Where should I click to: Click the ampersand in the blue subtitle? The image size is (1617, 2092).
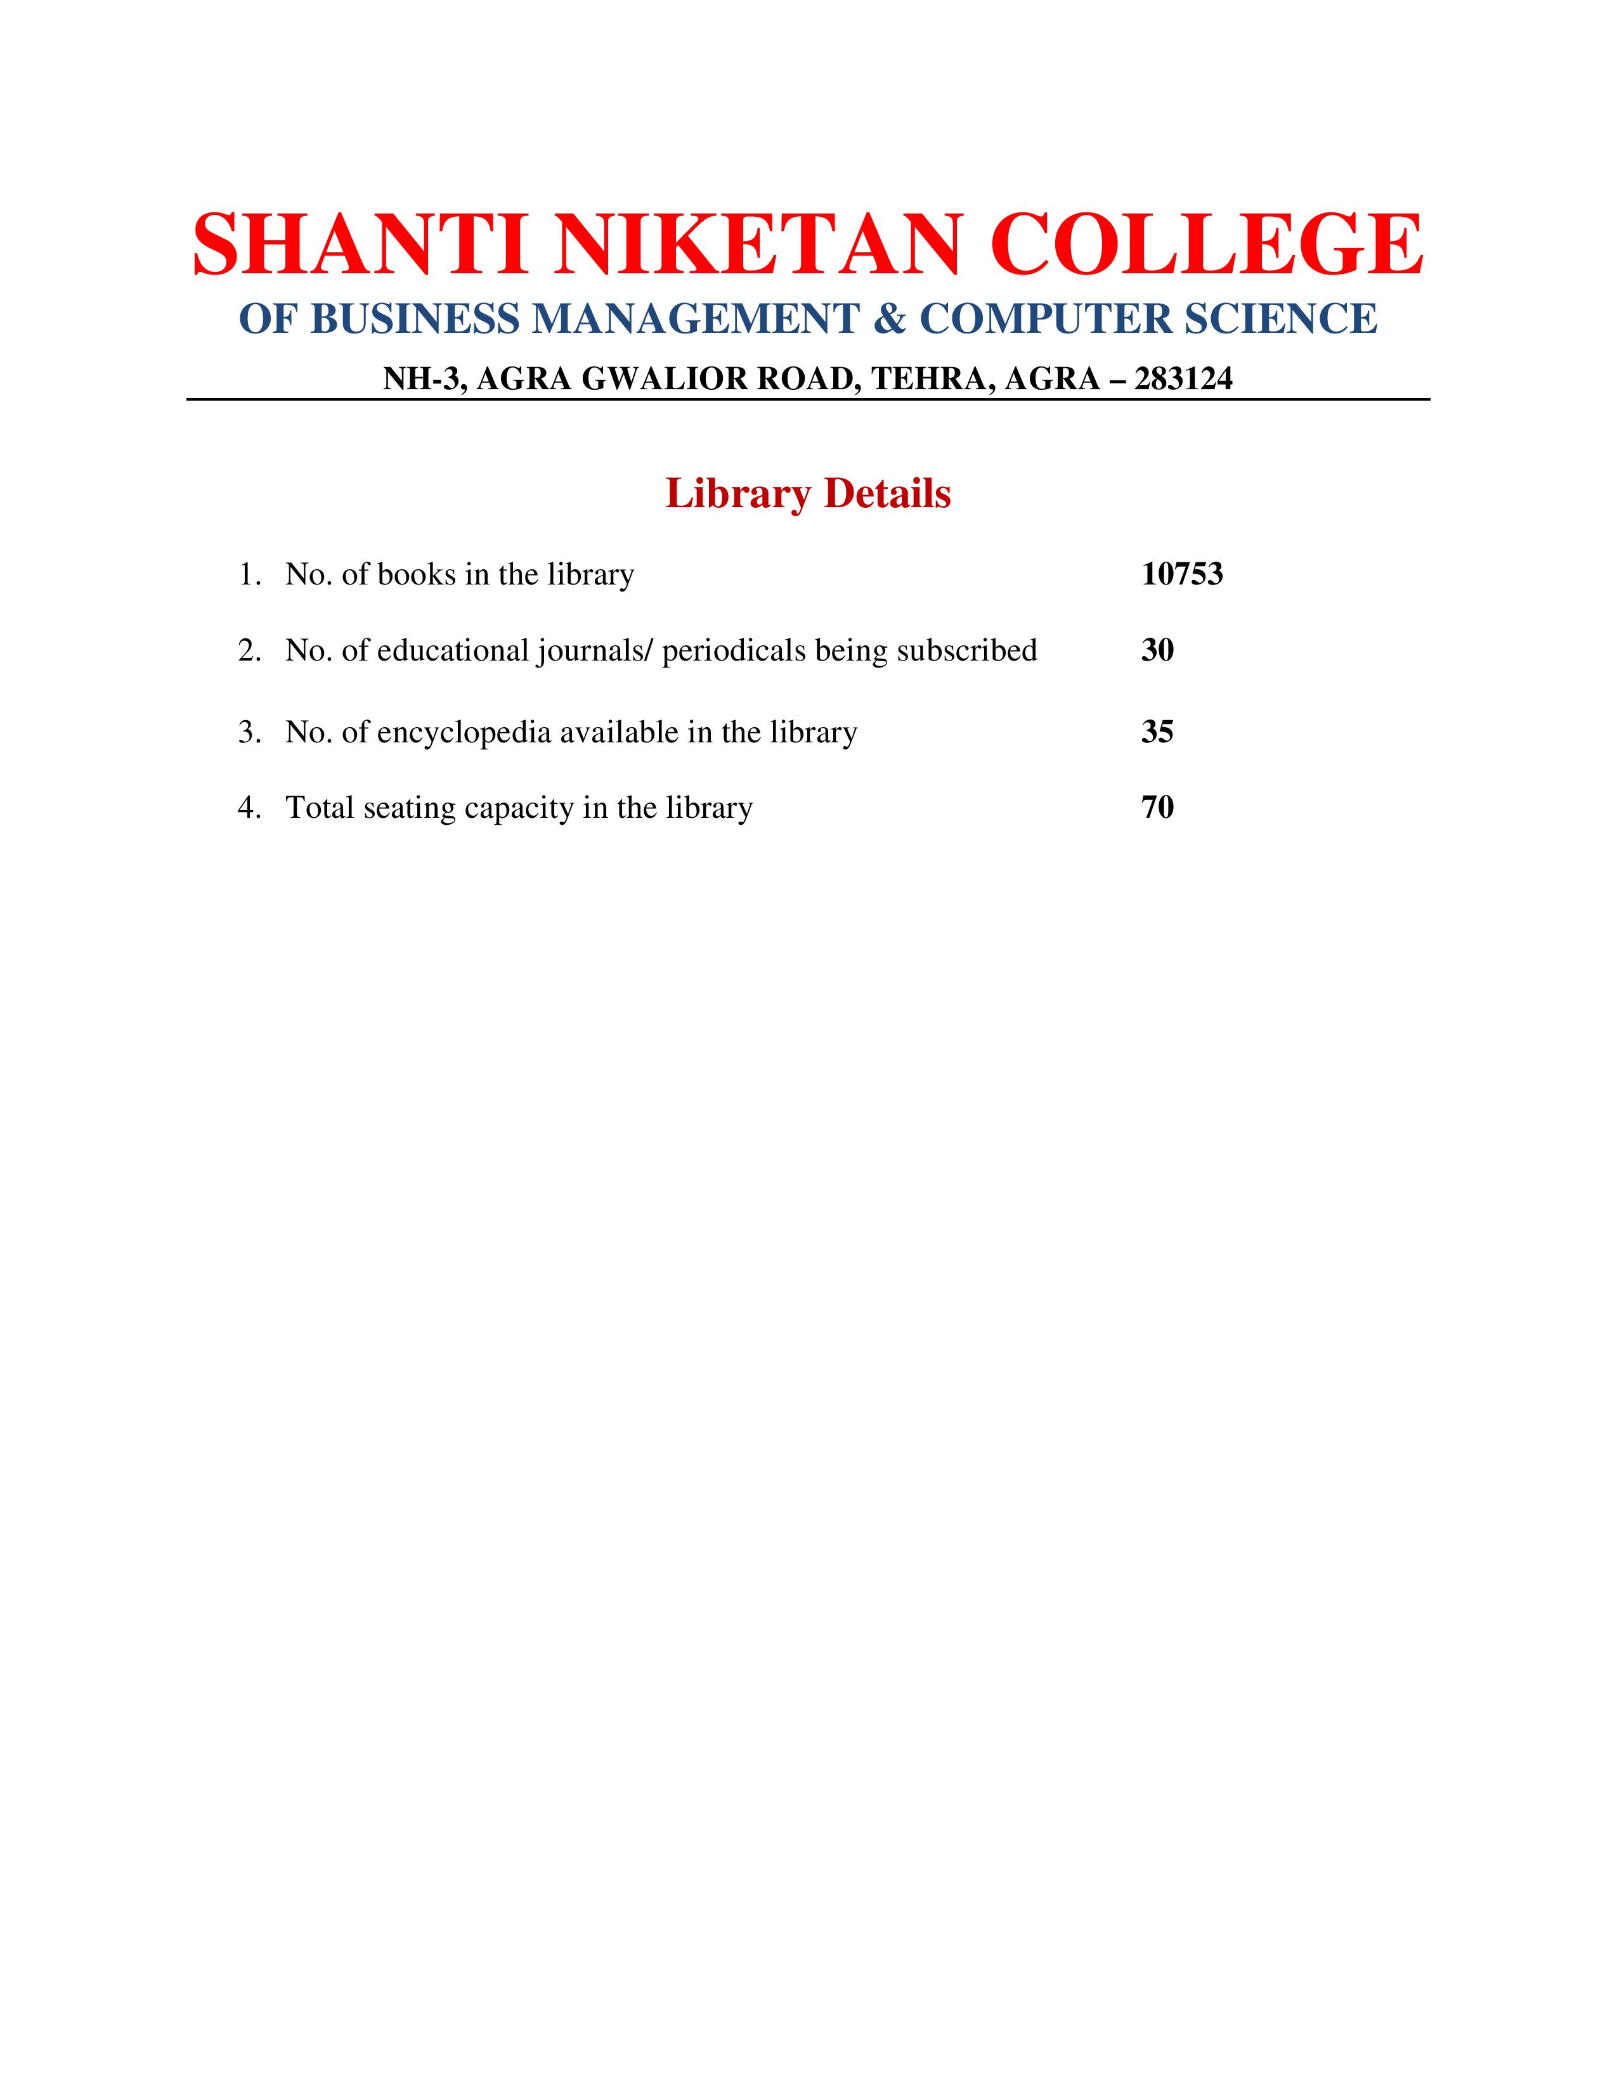(x=889, y=319)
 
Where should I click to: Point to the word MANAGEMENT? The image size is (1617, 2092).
(x=694, y=319)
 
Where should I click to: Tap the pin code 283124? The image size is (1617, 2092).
(x=1183, y=379)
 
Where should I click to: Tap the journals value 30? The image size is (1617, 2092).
(x=1157, y=650)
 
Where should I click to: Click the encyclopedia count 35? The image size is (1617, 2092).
(x=1157, y=732)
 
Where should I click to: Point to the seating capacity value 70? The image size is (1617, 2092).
(x=1157, y=808)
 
